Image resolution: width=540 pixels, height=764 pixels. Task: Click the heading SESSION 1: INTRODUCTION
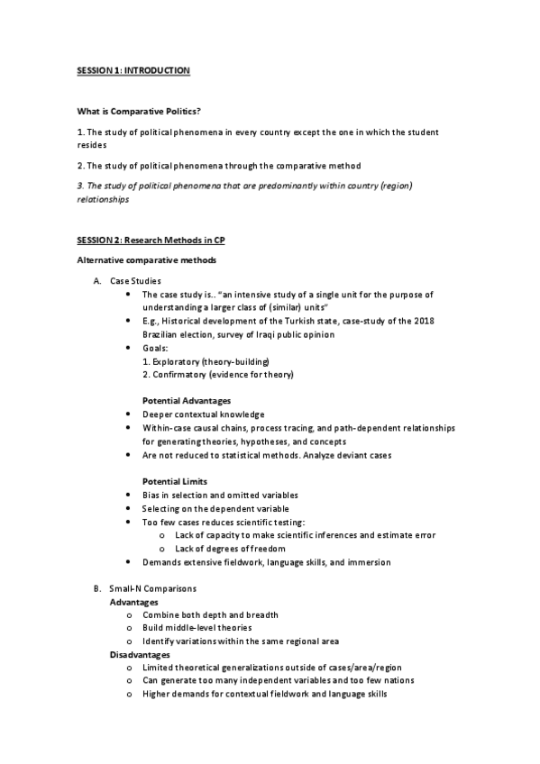tap(133, 70)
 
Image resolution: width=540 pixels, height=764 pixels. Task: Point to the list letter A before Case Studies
tap(97, 281)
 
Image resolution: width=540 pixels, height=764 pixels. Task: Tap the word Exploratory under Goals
tap(178, 360)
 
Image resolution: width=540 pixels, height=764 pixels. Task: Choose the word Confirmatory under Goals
tap(180, 374)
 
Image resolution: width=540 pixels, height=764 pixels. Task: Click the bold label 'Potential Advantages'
tap(187, 400)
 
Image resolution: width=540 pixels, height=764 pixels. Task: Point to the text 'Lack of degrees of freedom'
tap(231, 548)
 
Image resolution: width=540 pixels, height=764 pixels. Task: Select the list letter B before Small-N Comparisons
tap(97, 588)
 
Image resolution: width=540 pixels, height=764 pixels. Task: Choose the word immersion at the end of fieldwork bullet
tap(368, 561)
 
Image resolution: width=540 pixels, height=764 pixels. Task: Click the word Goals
tap(155, 348)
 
